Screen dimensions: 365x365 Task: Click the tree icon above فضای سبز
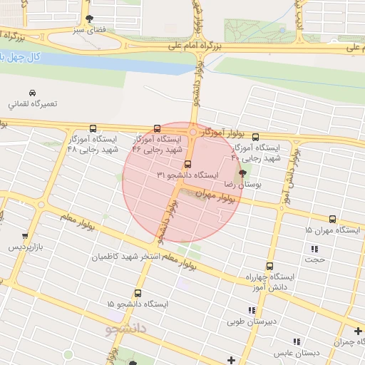coord(88,19)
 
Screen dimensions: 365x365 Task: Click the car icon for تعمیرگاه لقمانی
coord(32,93)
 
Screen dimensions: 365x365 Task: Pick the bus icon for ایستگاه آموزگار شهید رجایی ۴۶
coord(157,129)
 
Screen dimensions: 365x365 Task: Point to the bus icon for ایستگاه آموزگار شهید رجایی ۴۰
coord(255,137)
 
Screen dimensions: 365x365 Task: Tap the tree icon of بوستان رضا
coord(242,173)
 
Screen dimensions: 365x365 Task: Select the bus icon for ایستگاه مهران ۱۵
coord(332,220)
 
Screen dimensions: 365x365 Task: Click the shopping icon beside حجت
coord(314,249)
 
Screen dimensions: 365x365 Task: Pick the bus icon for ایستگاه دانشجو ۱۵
coord(137,293)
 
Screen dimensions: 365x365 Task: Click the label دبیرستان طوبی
coord(252,321)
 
